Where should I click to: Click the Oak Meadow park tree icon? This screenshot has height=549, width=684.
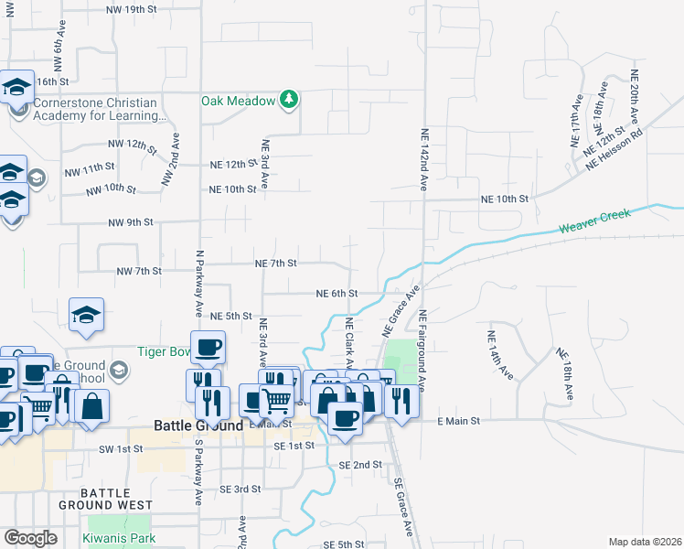click(x=289, y=99)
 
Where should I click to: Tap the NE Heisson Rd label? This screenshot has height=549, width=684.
click(x=615, y=145)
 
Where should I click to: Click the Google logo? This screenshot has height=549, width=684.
click(x=30, y=538)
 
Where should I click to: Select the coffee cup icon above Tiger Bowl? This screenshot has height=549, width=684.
click(x=208, y=347)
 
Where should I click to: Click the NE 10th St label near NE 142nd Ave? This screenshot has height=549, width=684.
click(x=506, y=199)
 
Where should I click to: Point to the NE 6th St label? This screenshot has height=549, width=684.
click(x=336, y=294)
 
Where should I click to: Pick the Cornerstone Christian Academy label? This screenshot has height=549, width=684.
click(x=97, y=109)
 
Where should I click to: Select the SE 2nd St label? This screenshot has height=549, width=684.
click(x=359, y=465)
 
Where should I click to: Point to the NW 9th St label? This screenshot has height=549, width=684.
click(x=130, y=222)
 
